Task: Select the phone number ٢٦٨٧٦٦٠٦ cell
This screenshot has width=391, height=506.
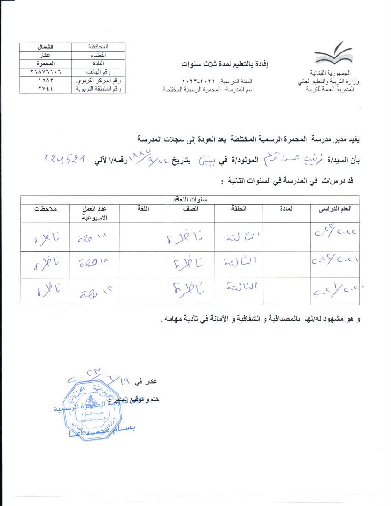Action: point(46,72)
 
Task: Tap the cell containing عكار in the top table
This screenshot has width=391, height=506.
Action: point(46,54)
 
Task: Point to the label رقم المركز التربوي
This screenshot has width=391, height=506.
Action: point(98,80)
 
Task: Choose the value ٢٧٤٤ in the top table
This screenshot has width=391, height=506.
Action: point(46,89)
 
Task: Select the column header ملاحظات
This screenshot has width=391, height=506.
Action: point(46,209)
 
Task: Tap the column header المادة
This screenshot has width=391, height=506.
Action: point(287,209)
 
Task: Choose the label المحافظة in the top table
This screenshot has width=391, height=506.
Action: point(98,46)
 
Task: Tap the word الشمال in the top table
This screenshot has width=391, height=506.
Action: point(46,46)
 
